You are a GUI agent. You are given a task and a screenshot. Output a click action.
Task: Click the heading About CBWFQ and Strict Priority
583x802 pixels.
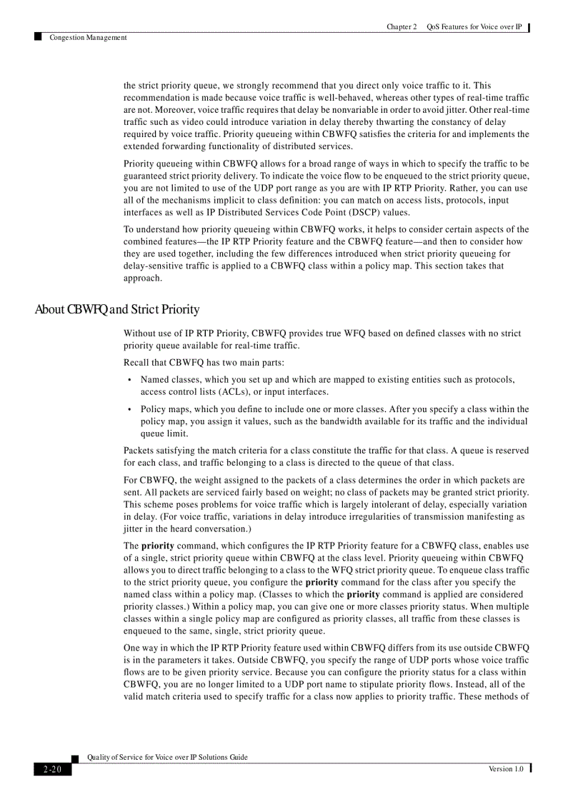pyautogui.click(x=117, y=309)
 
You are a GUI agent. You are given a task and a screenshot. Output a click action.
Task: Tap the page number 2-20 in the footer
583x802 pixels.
pyautogui.click(x=52, y=769)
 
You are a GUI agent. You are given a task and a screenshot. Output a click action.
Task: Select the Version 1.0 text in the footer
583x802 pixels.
pyautogui.click(x=505, y=768)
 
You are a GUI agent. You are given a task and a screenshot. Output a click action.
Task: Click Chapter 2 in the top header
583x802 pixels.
pyautogui.click(x=402, y=27)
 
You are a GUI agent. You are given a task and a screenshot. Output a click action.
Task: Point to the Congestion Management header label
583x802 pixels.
pyautogui.click(x=88, y=37)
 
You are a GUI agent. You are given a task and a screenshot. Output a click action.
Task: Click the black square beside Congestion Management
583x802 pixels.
pyautogui.click(x=37, y=36)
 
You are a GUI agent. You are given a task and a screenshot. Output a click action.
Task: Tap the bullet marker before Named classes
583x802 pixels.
pyautogui.click(x=129, y=381)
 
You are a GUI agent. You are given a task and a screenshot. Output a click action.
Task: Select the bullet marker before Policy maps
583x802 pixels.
pyautogui.click(x=129, y=410)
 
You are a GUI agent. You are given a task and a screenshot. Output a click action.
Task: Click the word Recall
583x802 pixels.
pyautogui.click(x=137, y=362)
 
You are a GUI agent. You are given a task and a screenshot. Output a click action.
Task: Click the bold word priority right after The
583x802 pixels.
pyautogui.click(x=157, y=546)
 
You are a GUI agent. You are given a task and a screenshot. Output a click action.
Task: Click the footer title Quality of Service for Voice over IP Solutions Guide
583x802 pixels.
pyautogui.click(x=167, y=757)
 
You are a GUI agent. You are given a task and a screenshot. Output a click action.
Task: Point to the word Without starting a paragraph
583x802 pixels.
pyautogui.click(x=141, y=334)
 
